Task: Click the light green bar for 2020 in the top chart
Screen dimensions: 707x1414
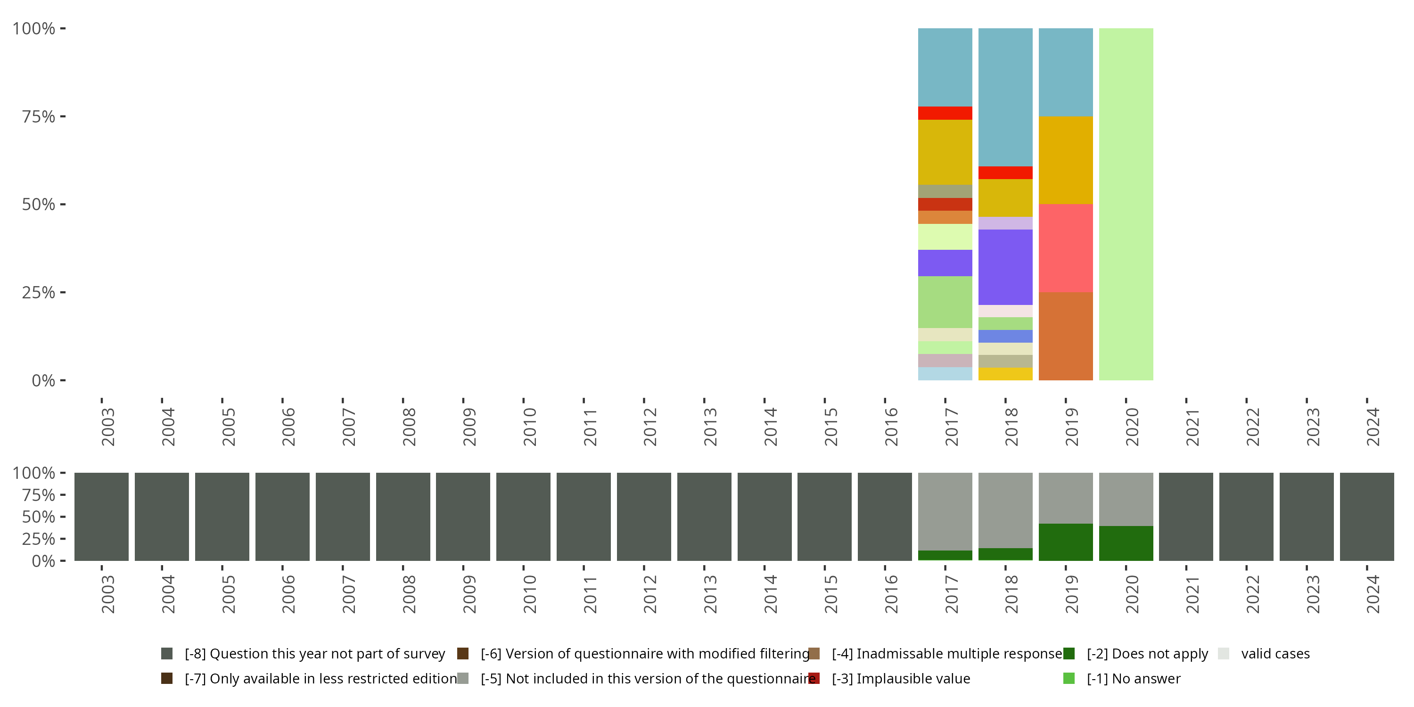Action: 1126,204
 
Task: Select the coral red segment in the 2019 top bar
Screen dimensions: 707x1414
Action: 1065,248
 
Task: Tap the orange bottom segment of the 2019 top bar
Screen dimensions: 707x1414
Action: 1065,336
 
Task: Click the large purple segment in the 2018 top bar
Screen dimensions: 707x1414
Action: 1005,267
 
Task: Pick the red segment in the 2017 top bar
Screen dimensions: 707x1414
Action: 945,113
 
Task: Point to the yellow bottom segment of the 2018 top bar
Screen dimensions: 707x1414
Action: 1005,374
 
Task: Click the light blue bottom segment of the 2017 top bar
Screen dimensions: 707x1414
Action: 945,374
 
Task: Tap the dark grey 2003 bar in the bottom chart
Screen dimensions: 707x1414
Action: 101,517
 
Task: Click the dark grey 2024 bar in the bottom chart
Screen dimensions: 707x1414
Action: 1367,517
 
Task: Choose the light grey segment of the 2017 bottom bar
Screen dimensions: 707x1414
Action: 945,511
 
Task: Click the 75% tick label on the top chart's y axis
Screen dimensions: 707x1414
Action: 39,116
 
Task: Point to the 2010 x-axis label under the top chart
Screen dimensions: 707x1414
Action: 529,427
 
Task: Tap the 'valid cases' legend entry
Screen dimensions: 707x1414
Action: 1275,654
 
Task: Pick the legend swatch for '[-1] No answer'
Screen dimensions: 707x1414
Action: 1069,678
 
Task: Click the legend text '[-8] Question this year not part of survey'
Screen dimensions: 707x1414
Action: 314,654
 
